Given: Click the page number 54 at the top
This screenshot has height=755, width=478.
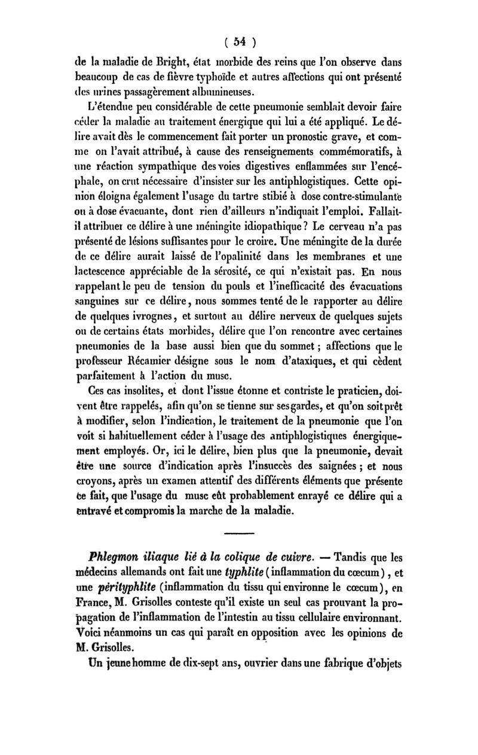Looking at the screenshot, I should (237, 42).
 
